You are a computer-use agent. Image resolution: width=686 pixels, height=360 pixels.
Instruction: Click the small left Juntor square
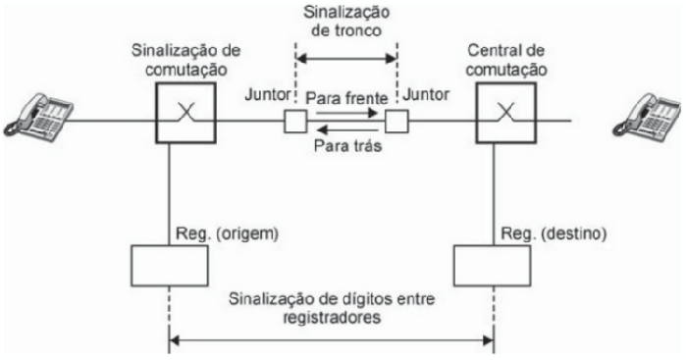pyautogui.click(x=294, y=123)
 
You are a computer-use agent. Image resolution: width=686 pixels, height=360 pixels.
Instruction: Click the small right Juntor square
pyautogui.click(x=396, y=123)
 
